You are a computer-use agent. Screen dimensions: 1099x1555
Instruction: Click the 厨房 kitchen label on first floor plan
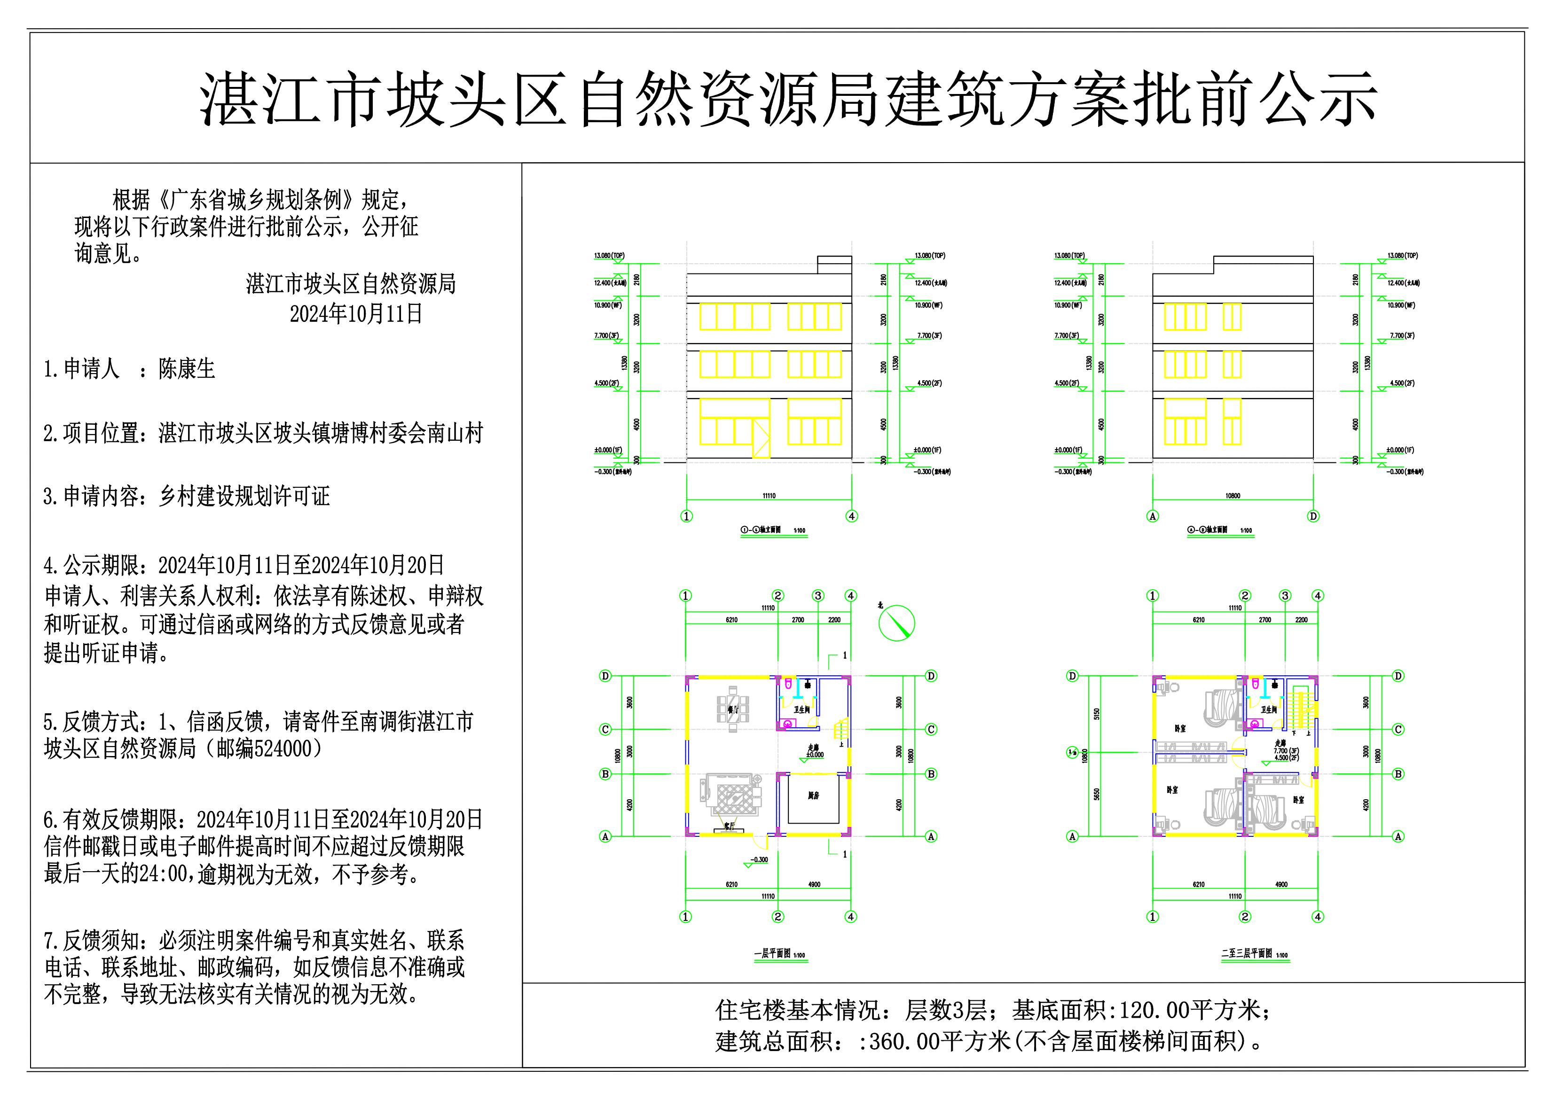[813, 795]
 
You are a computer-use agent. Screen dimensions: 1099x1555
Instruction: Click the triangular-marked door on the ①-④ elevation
[761, 439]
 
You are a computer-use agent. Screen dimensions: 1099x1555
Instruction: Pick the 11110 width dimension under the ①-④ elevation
[769, 496]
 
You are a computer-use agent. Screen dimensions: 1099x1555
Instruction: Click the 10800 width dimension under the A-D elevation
[1233, 496]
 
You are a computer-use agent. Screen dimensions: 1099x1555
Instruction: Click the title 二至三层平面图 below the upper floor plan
[1247, 953]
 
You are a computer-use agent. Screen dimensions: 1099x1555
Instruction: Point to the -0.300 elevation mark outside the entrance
[759, 860]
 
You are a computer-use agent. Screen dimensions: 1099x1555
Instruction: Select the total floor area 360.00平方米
[939, 1041]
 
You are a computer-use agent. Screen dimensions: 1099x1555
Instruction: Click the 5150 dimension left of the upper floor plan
[1097, 714]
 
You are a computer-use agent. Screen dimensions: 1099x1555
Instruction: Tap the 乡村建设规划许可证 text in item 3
[244, 496]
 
